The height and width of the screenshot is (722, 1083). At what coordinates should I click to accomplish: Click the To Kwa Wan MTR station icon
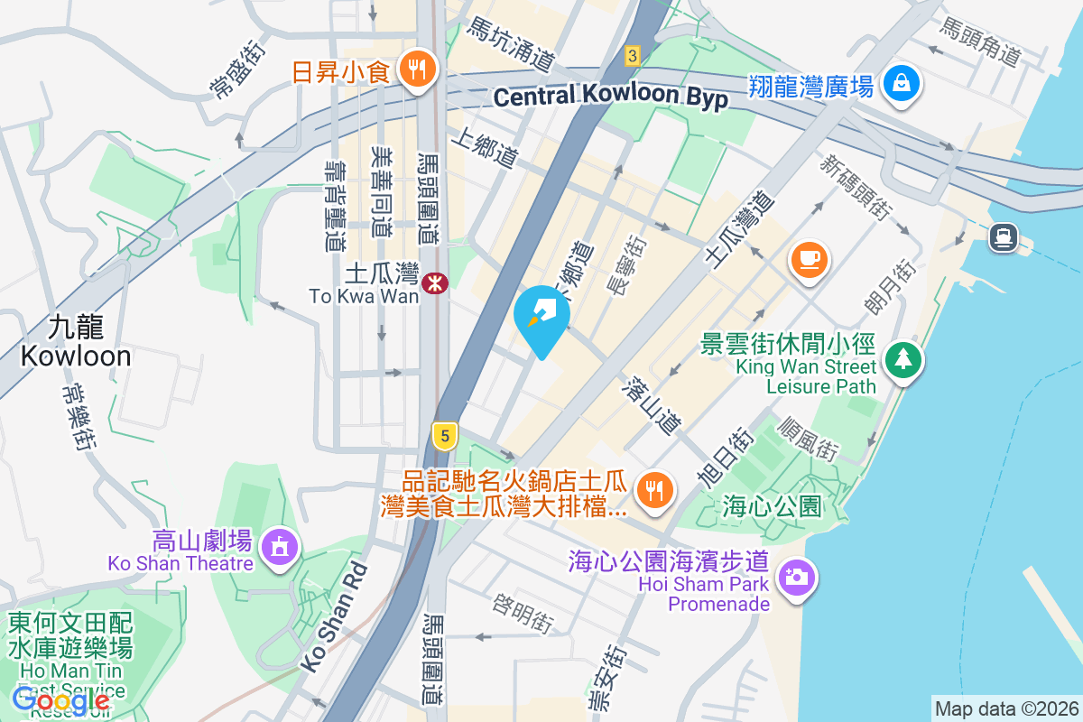[x=436, y=282]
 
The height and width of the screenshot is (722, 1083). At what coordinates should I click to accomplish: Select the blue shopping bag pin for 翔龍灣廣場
[x=902, y=84]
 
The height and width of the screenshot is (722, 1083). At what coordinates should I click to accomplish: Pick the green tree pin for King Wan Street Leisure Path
[x=902, y=359]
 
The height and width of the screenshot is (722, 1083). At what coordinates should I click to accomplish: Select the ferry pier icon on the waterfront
[x=1003, y=237]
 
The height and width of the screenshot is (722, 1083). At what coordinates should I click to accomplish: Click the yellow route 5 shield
[x=442, y=436]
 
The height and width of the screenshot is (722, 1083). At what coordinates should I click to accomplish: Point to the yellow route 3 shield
[x=633, y=56]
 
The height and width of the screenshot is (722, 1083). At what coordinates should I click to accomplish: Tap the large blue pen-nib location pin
[x=541, y=318]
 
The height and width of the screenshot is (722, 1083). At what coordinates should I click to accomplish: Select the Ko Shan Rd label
[x=334, y=617]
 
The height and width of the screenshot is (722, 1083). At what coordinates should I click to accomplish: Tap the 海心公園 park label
[x=773, y=507]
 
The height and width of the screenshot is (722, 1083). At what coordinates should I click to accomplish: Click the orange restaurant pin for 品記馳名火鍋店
[x=652, y=490]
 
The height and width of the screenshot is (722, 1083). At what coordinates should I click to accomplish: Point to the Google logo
[x=61, y=699]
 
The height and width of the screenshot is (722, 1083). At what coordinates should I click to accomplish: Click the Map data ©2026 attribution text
[x=1006, y=708]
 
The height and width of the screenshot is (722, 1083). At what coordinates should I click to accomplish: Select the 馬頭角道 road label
[x=980, y=42]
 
